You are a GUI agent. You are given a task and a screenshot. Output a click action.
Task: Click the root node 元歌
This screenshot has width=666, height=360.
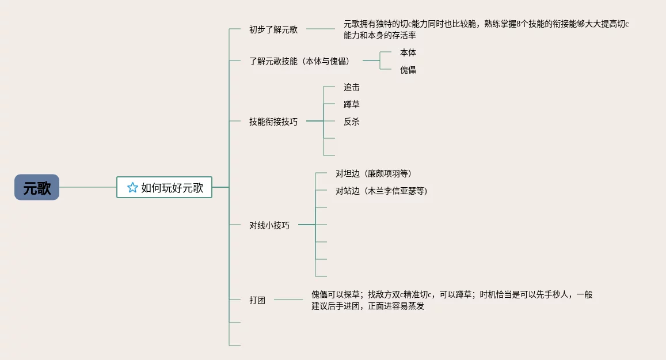click(x=37, y=187)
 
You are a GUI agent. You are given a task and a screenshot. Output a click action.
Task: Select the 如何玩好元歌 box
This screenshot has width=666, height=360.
click(x=165, y=187)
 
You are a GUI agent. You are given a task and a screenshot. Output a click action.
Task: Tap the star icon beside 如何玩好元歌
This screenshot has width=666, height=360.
click(x=132, y=187)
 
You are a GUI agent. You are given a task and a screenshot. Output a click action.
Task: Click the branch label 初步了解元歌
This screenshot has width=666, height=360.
click(x=273, y=29)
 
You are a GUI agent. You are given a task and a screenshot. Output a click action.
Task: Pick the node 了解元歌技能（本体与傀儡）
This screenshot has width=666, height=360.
click(x=299, y=60)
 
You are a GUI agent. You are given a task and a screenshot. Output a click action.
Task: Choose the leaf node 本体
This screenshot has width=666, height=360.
click(x=408, y=52)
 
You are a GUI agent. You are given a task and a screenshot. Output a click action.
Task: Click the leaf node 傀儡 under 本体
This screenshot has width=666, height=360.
click(x=408, y=70)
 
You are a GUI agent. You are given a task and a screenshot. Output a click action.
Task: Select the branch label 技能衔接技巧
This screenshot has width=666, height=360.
click(x=273, y=122)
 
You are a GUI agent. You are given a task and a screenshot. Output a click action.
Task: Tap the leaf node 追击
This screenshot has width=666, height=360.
click(x=352, y=87)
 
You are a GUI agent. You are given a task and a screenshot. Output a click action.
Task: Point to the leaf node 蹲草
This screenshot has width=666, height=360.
click(x=352, y=104)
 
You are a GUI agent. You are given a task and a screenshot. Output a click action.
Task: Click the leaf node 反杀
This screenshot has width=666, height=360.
click(x=352, y=122)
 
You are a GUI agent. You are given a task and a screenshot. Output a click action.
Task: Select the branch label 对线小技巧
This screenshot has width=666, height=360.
click(x=269, y=225)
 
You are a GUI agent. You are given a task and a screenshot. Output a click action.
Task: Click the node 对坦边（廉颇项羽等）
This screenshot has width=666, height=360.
click(x=374, y=173)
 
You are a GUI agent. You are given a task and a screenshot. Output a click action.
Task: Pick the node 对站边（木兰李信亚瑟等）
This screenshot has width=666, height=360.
click(x=382, y=191)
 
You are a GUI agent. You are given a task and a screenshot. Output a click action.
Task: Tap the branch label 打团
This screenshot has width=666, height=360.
click(x=257, y=300)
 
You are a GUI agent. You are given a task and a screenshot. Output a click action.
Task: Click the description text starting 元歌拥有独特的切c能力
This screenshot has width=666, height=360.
click(x=486, y=29)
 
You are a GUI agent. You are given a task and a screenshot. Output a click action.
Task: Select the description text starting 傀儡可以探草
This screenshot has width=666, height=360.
click(x=452, y=300)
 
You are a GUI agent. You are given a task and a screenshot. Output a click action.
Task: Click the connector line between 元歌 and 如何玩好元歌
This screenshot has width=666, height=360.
click(x=87, y=187)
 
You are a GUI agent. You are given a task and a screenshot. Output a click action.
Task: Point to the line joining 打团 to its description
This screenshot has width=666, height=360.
click(x=288, y=300)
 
